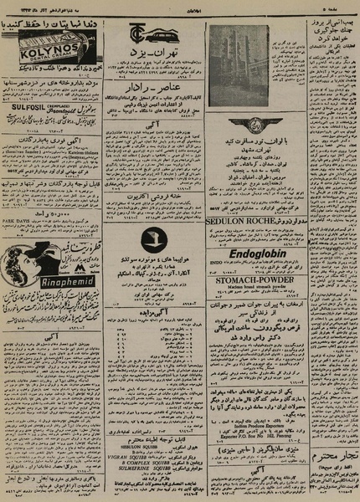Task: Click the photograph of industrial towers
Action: tap(239, 54)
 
